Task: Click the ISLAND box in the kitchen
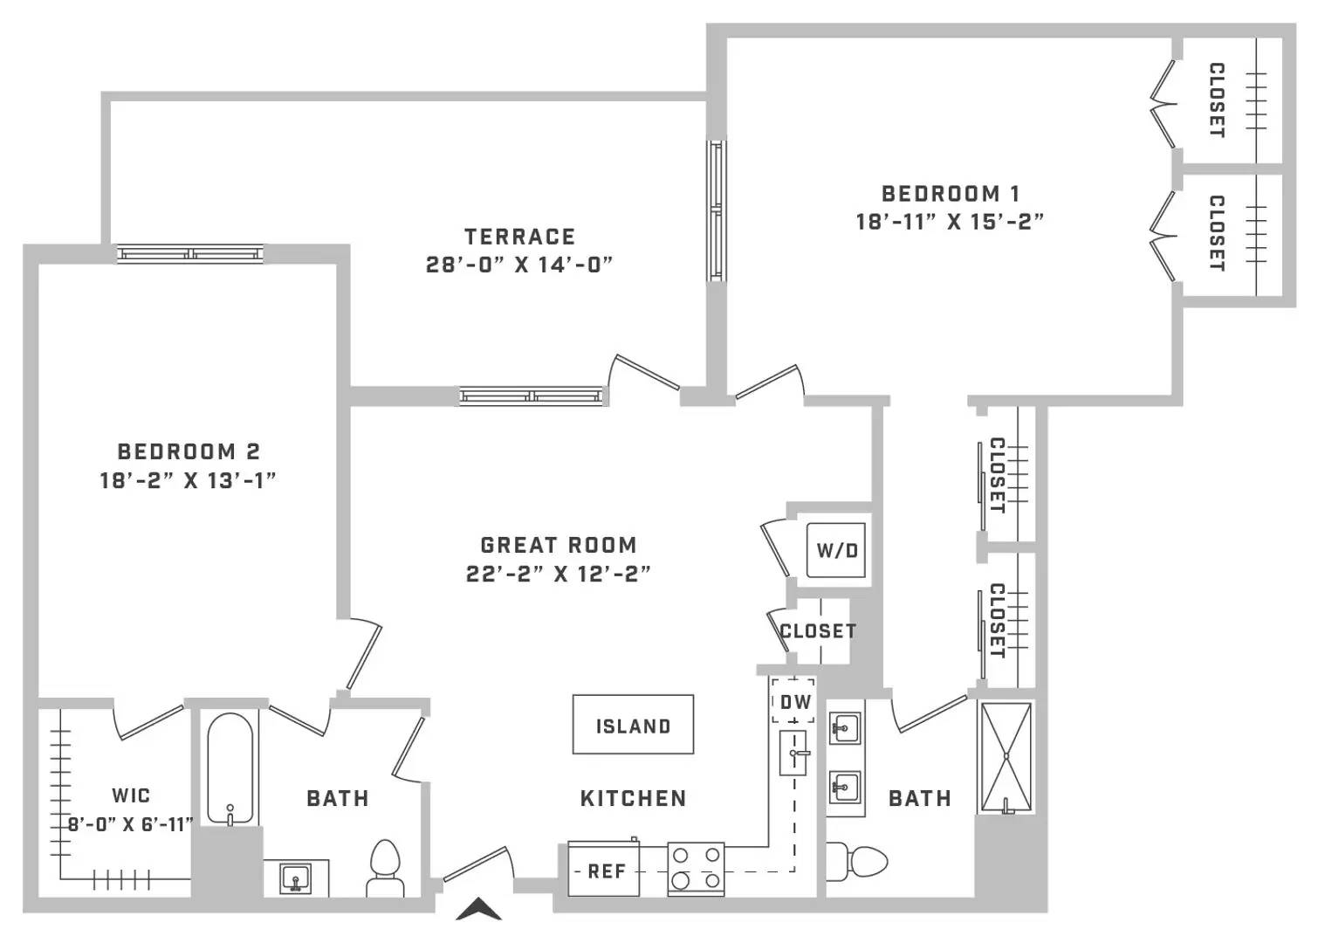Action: click(633, 725)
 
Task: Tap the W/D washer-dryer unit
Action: click(836, 550)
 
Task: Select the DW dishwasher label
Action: click(795, 702)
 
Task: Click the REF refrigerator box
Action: click(604, 870)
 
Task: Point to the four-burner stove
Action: click(696, 870)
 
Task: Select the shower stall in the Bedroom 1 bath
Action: click(1006, 758)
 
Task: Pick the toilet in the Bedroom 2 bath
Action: click(386, 868)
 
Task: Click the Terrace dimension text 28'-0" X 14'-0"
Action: click(519, 265)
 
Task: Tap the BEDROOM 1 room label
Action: click(951, 193)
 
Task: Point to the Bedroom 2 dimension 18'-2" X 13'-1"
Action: click(188, 480)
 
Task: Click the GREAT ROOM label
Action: click(559, 545)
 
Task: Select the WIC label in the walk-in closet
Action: click(131, 795)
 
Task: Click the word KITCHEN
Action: click(633, 798)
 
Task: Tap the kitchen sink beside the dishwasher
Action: click(793, 753)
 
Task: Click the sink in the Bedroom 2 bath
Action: click(295, 879)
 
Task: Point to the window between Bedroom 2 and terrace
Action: click(190, 254)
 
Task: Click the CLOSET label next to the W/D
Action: click(818, 631)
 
